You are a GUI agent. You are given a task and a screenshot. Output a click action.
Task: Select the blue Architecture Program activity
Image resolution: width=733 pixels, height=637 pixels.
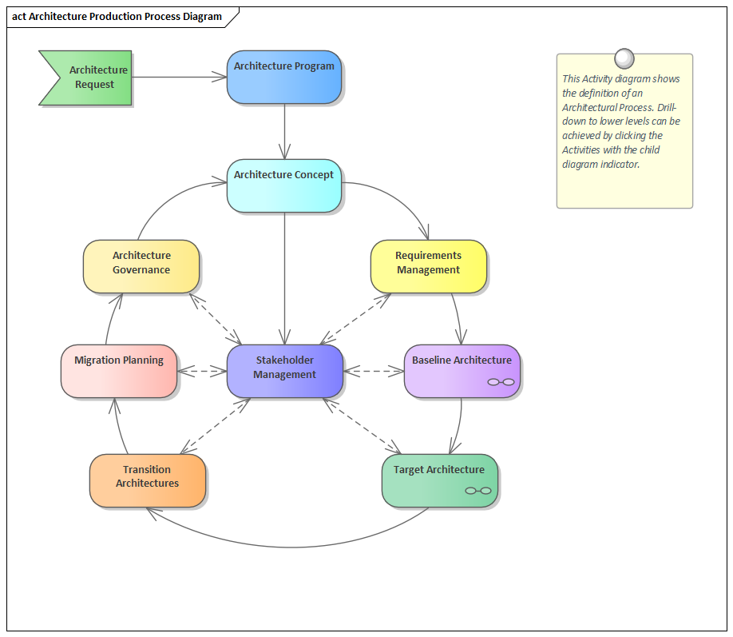284,77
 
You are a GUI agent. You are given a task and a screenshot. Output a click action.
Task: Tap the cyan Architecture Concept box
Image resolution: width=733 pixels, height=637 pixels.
284,185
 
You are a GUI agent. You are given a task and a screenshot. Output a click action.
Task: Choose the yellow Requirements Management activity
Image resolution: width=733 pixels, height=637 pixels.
428,265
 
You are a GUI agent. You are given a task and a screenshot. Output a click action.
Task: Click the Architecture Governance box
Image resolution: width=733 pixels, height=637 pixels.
141,265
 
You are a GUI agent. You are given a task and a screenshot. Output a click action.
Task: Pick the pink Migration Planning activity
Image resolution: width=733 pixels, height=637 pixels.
119,371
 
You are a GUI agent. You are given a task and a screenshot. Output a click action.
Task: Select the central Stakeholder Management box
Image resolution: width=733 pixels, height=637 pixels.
285,371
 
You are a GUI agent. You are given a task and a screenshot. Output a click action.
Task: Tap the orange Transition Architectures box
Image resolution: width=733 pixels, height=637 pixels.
148,480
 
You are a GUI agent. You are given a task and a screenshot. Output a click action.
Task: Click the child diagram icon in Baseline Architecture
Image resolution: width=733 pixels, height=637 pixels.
501,382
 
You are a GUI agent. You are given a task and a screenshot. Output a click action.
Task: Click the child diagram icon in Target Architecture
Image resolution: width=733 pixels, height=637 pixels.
478,491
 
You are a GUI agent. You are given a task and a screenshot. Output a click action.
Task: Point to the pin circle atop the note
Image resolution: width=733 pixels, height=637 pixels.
624,58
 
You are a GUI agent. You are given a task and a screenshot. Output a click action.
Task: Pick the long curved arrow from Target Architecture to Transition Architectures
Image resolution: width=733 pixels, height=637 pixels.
287,547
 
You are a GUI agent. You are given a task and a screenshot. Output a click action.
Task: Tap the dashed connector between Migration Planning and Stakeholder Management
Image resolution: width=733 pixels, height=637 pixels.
203,371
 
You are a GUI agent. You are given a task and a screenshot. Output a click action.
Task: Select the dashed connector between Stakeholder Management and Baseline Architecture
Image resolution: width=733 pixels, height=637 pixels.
374,371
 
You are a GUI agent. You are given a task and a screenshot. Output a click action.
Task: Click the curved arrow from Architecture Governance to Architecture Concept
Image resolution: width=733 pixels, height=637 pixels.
160,203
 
